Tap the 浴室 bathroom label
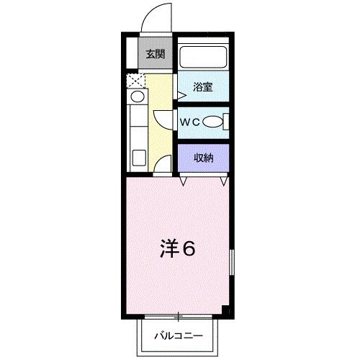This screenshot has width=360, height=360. (x=202, y=88)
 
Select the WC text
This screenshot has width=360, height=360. (x=189, y=122)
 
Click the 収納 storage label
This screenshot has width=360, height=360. (x=202, y=157)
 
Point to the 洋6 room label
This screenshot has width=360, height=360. (x=177, y=249)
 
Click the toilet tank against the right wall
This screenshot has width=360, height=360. (x=225, y=122)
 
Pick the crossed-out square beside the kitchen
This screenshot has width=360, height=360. (x=134, y=80)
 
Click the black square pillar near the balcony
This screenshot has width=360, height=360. (x=226, y=310)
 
